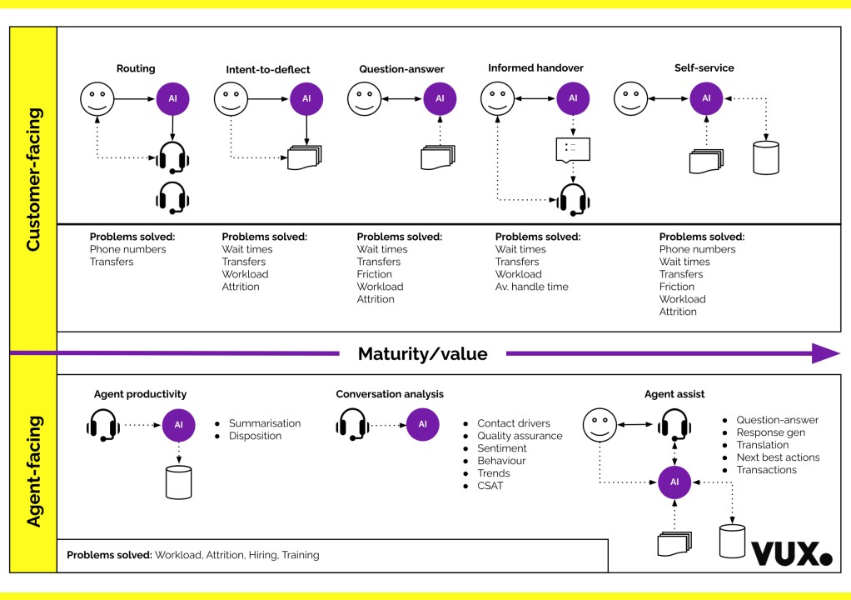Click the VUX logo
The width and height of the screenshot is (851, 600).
point(791,554)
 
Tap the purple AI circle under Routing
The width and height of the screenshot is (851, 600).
point(173,99)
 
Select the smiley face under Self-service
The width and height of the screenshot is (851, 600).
point(630,99)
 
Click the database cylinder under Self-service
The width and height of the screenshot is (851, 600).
point(765,157)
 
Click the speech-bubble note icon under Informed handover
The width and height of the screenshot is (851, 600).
point(573,150)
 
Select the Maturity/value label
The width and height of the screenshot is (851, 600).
point(422,354)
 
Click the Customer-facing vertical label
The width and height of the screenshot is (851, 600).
point(33,180)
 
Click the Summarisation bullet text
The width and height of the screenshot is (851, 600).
point(265,423)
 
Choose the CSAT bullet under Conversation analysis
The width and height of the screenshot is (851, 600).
point(490,486)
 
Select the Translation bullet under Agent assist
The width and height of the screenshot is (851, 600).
point(763,445)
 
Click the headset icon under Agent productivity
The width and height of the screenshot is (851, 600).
point(103,425)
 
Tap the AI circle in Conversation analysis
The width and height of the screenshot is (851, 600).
point(422,424)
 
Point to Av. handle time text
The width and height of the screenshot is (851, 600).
point(532,287)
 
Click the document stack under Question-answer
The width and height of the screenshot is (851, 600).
point(439,157)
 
